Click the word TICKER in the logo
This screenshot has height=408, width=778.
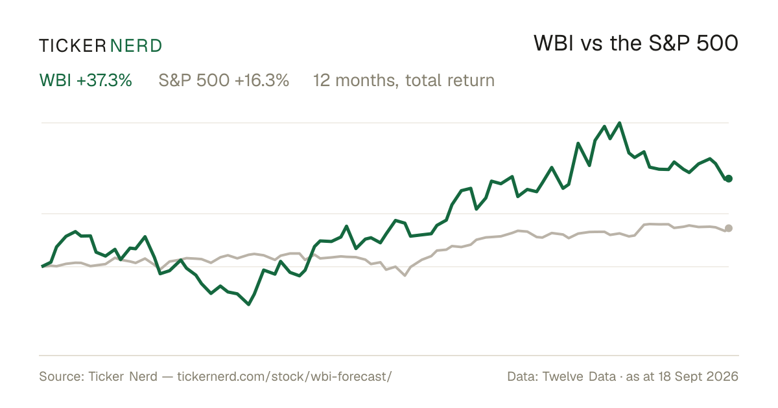(x=73, y=46)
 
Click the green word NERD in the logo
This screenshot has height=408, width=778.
(x=136, y=46)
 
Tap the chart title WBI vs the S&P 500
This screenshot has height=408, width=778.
(x=636, y=43)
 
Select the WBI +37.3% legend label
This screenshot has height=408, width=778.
(x=86, y=80)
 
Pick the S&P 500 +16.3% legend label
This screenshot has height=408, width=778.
(x=224, y=80)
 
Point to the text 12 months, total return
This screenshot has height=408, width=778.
(x=404, y=80)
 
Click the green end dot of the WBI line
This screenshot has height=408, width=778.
(x=729, y=178)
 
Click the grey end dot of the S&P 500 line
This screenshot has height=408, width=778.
(x=729, y=228)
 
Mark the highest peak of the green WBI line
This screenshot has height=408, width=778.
(x=620, y=123)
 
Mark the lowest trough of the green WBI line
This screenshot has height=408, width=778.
(x=249, y=304)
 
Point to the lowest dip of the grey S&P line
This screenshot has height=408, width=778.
(x=405, y=275)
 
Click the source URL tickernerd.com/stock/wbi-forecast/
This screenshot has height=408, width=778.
(x=285, y=376)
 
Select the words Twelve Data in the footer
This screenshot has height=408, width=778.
(x=579, y=376)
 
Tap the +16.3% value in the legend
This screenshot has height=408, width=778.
(x=262, y=80)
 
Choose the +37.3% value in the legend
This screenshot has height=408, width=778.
(x=104, y=80)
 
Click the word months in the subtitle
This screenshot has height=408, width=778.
(x=367, y=80)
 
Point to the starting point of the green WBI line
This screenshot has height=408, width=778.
(x=42, y=266)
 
